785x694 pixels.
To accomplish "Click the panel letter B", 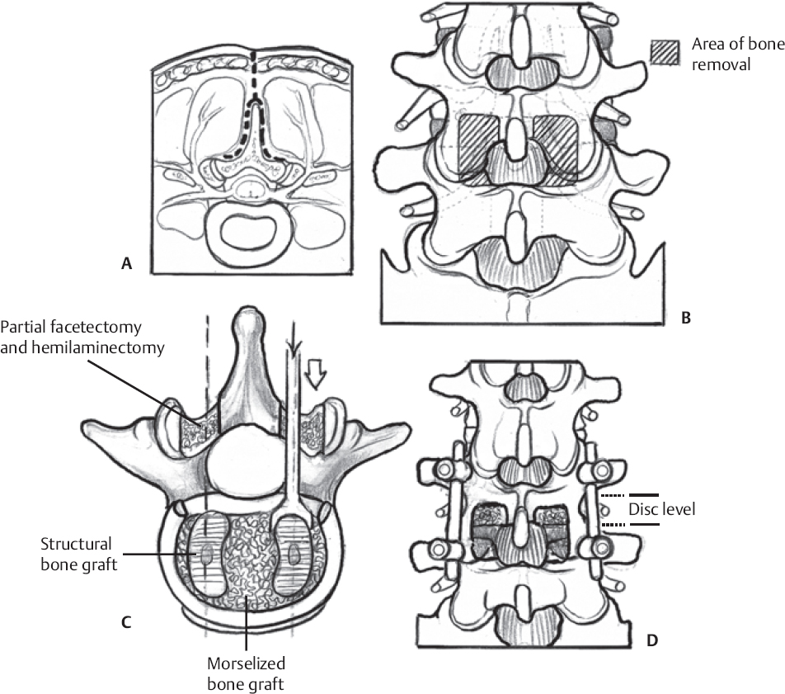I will [685, 314].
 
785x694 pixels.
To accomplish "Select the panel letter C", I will [125, 621].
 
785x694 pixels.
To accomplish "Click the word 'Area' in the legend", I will [709, 45].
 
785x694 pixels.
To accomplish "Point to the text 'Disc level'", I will [662, 510].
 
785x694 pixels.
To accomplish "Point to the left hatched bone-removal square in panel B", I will [477, 144].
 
